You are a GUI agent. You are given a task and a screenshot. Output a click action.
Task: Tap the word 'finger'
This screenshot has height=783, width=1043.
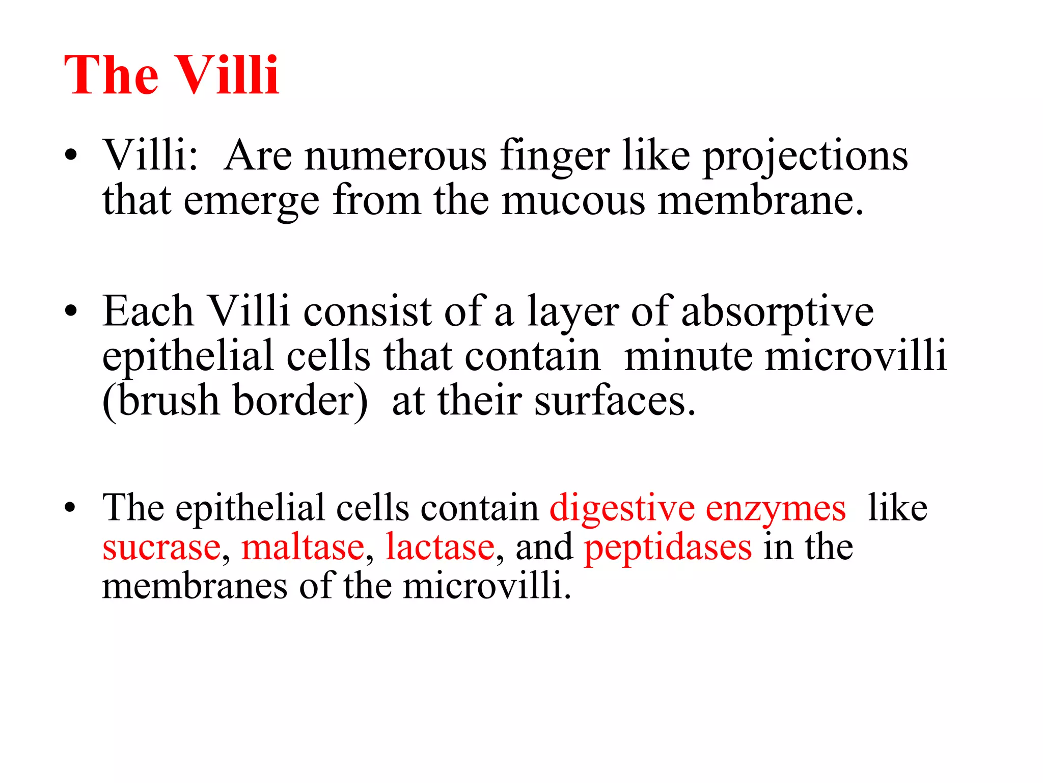(555, 157)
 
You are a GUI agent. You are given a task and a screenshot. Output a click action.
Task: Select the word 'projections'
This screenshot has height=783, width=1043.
(805, 157)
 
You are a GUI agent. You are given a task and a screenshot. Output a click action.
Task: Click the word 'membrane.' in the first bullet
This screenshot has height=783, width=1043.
(761, 201)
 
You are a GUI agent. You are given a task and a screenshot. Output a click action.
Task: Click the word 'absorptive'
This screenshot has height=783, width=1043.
(777, 312)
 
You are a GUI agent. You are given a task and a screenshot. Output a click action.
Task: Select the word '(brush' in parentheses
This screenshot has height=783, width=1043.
(160, 401)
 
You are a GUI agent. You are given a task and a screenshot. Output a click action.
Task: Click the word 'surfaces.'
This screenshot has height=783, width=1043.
(615, 401)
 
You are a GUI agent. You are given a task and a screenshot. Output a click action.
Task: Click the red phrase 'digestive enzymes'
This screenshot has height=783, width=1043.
(697, 509)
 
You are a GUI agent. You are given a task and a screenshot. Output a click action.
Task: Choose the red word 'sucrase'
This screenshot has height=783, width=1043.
(161, 547)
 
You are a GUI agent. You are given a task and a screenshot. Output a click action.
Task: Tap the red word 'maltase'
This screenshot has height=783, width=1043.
(303, 547)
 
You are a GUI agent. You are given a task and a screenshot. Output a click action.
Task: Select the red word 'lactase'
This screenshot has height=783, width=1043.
(440, 547)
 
